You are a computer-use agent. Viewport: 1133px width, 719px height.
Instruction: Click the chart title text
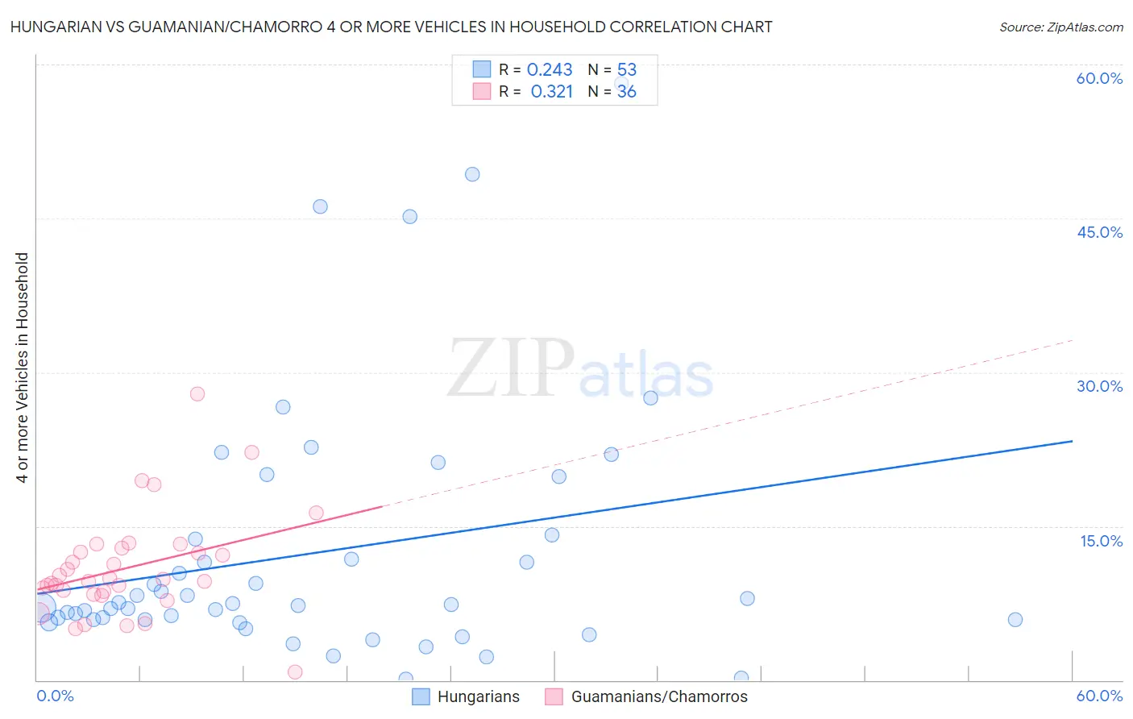[391, 27]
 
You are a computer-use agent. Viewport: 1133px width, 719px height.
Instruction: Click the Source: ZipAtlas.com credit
[1060, 27]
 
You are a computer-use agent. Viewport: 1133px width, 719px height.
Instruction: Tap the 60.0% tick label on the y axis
[1099, 78]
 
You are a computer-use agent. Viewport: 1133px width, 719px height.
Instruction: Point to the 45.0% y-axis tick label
[1099, 232]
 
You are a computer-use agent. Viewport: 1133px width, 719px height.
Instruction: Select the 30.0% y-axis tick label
[1099, 386]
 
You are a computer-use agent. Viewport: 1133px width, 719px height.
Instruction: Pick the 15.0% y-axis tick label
[1101, 541]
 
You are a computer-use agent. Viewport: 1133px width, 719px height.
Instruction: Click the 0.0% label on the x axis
[56, 696]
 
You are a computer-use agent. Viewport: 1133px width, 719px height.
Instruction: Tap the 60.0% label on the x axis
[1099, 696]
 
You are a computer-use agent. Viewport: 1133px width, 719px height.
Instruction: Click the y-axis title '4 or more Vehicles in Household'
[23, 368]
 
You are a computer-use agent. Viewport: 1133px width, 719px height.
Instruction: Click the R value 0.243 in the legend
[550, 70]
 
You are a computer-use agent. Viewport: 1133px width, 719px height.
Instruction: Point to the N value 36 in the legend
[626, 92]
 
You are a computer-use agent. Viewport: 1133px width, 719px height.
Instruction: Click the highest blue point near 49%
[472, 174]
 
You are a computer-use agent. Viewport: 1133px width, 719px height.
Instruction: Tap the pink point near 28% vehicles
[197, 394]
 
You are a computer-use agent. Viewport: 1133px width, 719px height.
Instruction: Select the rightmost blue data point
[1015, 620]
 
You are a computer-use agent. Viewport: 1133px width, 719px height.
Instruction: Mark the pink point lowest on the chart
[295, 672]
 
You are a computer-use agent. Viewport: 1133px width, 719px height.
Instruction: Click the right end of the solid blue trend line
[1072, 441]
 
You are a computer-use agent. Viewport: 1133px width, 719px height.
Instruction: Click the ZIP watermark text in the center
[511, 368]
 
